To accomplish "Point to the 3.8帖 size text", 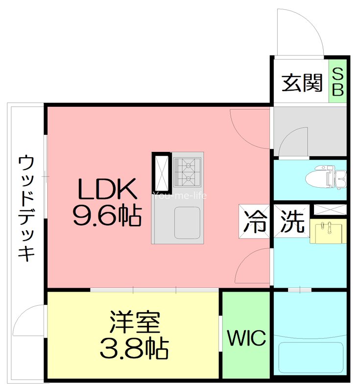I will pyautogui.click(x=134, y=348).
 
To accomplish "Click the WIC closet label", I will pyautogui.click(x=246, y=338).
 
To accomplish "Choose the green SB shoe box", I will pyautogui.click(x=338, y=82).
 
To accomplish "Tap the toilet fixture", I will pyautogui.click(x=325, y=178).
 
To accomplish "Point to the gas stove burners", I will pyautogui.click(x=187, y=171).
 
